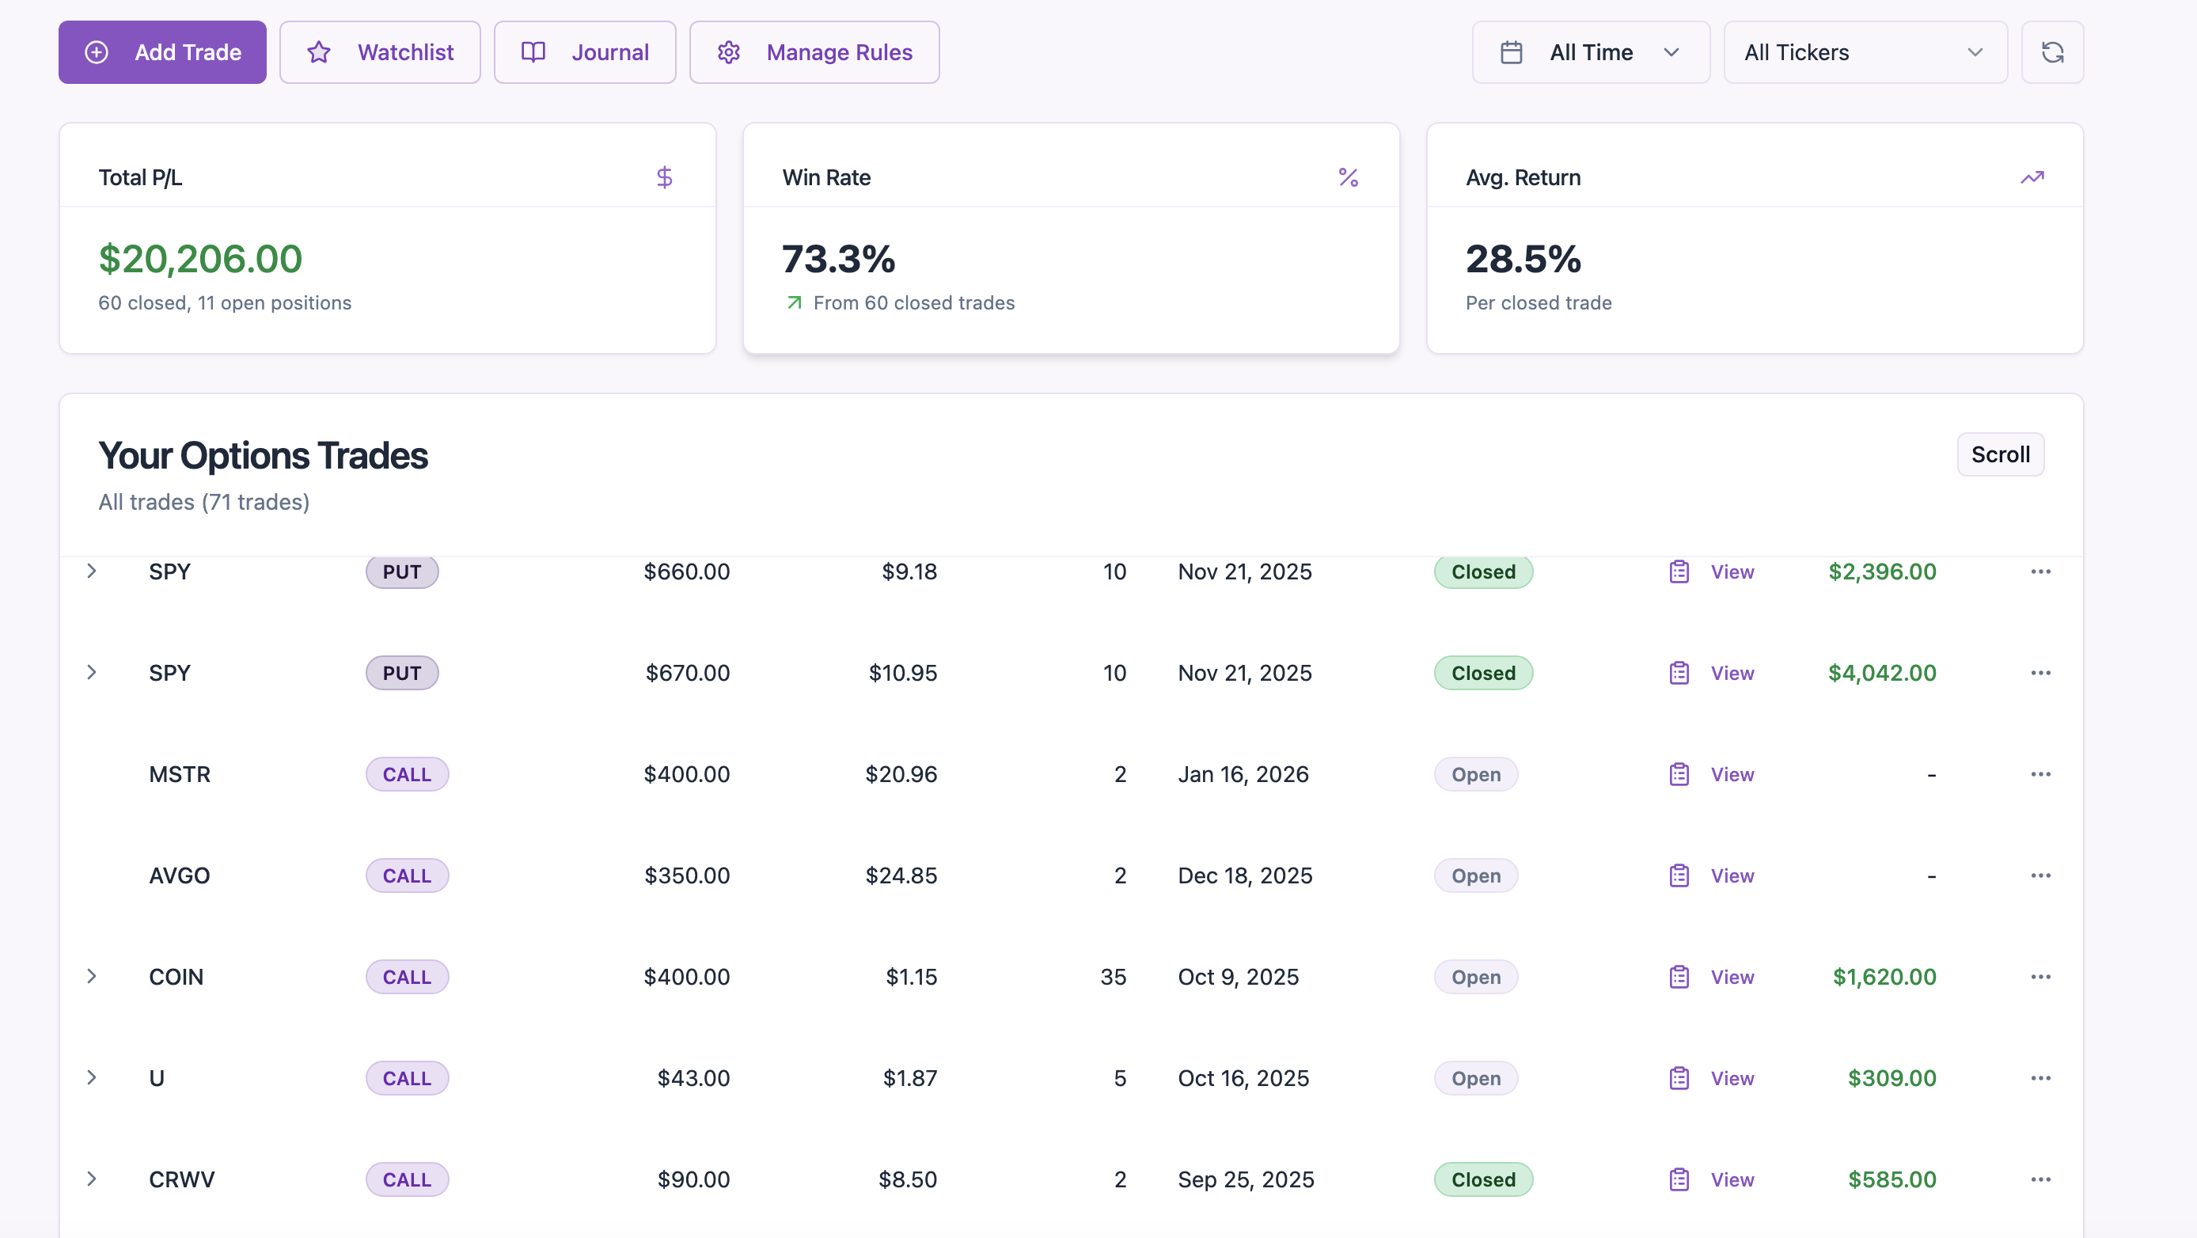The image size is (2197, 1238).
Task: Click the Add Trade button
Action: tap(162, 52)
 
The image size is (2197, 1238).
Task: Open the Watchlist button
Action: tap(380, 52)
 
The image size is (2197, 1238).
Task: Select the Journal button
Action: tap(584, 52)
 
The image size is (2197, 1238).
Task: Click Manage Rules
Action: tap(814, 52)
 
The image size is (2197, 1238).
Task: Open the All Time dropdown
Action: tap(1590, 52)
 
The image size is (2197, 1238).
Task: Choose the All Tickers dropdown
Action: tap(1865, 52)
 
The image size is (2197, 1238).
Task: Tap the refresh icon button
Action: tap(2051, 52)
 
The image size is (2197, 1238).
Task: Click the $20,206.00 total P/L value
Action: tap(200, 259)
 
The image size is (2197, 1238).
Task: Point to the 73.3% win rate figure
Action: tap(838, 259)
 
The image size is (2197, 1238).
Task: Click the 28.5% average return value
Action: tap(1523, 259)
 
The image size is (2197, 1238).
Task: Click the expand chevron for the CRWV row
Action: tap(91, 1179)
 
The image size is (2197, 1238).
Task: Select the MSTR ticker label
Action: tap(179, 774)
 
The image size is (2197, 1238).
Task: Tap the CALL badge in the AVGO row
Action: tap(407, 875)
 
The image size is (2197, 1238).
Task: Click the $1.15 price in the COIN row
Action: tap(911, 976)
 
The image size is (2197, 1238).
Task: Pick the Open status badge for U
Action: tap(1475, 1077)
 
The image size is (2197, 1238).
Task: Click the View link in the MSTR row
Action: tap(1732, 774)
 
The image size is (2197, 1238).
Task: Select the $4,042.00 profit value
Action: tap(1881, 672)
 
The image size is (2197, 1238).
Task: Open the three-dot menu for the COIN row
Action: tap(2040, 976)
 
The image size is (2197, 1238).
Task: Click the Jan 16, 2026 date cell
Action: tap(1243, 774)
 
